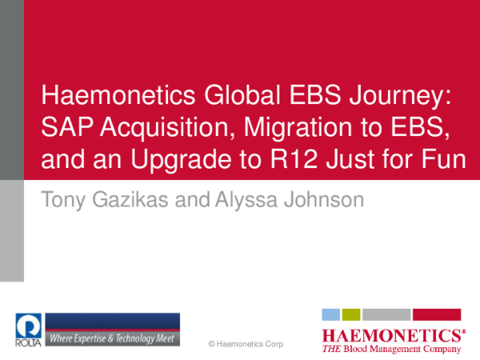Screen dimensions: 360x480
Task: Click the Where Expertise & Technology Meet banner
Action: tap(112, 337)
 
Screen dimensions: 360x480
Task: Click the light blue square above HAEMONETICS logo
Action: tap(330, 314)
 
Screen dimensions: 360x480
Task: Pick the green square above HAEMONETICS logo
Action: tap(350, 314)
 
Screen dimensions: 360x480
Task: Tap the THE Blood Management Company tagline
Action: tap(391, 349)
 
